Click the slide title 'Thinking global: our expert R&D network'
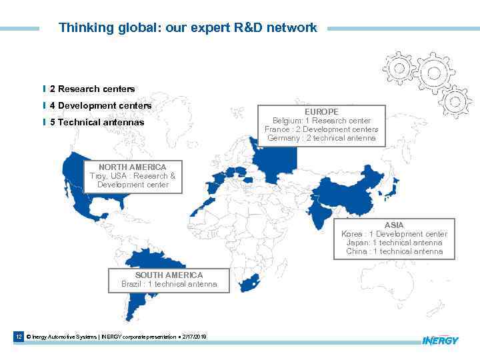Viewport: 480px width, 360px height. pyautogui.click(x=187, y=28)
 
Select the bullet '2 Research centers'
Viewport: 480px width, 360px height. pyautogui.click(x=92, y=89)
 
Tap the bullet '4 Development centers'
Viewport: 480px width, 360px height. pyautogui.click(x=100, y=105)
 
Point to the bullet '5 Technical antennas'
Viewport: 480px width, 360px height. pyautogui.click(x=97, y=122)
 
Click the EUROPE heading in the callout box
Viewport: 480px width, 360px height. pyautogui.click(x=321, y=112)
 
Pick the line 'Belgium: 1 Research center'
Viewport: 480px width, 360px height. pyautogui.click(x=321, y=121)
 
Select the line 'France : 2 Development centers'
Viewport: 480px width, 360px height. pyautogui.click(x=321, y=129)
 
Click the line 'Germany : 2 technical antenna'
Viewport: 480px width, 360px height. pyautogui.click(x=321, y=138)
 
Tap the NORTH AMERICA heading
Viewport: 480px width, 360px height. pyautogui.click(x=132, y=167)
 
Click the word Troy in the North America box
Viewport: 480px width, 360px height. pyautogui.click(x=98, y=176)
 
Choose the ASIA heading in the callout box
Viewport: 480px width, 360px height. pyautogui.click(x=394, y=225)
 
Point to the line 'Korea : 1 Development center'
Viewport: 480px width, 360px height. pyautogui.click(x=394, y=234)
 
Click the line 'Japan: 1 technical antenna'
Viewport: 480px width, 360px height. pyautogui.click(x=394, y=243)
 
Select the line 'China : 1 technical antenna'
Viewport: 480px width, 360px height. pyautogui.click(x=394, y=251)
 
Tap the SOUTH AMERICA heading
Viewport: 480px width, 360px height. pyautogui.click(x=169, y=275)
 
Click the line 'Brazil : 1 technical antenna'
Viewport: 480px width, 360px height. pyautogui.click(x=169, y=284)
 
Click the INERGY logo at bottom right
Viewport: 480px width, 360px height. pyautogui.click(x=440, y=341)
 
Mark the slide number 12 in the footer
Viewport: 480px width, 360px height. pyautogui.click(x=19, y=337)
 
